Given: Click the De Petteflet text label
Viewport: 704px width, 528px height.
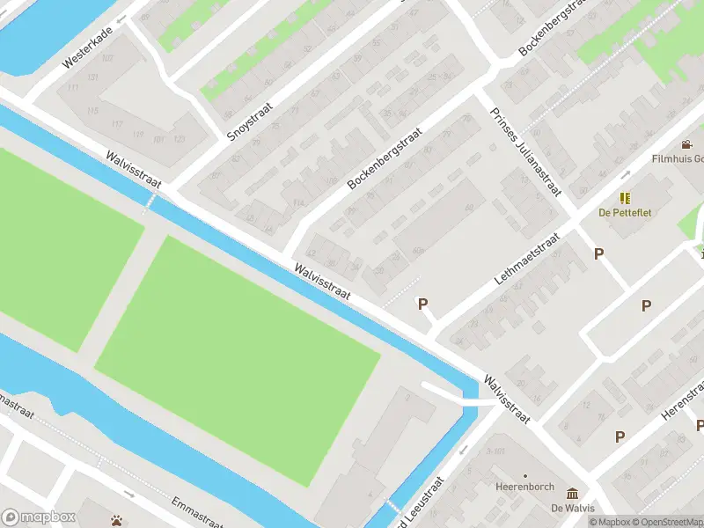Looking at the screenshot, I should (625, 213).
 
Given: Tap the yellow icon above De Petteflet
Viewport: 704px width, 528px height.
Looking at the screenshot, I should (625, 199).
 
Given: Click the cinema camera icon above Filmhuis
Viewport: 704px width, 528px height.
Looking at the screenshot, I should (686, 144).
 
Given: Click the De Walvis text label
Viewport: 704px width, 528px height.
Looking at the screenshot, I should (573, 508).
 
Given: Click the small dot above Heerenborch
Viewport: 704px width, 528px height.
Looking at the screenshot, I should (525, 474).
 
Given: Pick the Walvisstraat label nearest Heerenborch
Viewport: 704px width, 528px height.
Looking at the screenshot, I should (505, 400).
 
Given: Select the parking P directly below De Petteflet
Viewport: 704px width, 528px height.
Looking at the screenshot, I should (599, 253).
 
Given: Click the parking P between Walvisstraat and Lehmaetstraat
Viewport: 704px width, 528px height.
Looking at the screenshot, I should (422, 304).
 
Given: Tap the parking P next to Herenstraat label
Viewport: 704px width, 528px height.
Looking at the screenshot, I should (620, 436).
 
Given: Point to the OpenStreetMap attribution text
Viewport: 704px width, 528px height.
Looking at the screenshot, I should (674, 522).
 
